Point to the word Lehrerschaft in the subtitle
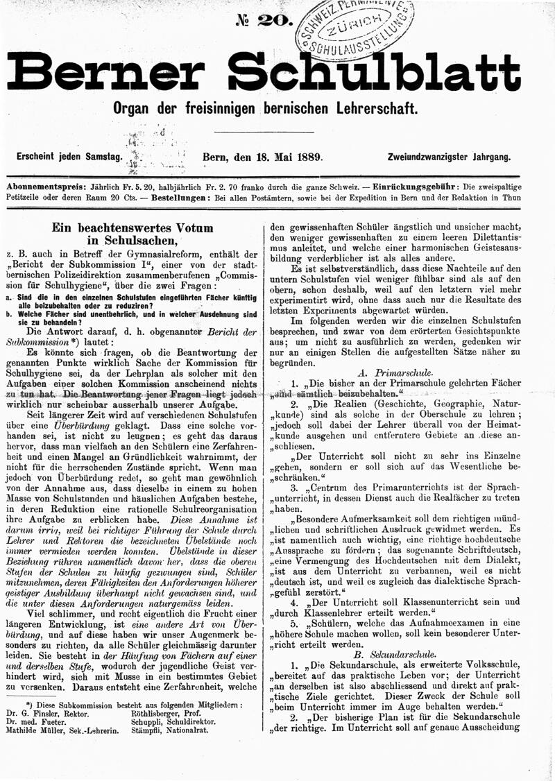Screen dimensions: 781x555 [x=379, y=109]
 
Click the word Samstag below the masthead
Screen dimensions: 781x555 [x=101, y=157]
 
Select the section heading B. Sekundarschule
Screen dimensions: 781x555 [x=395, y=653]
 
